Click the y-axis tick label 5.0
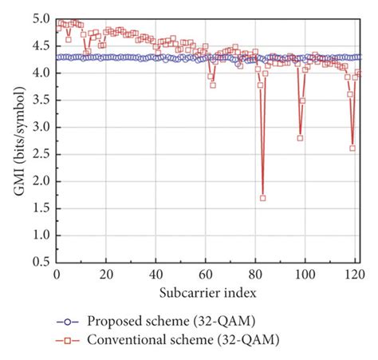point(39,18)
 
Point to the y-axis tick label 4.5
point(39,45)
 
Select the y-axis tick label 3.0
point(39,127)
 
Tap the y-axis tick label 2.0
point(39,181)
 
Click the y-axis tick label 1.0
point(39,235)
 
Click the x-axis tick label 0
point(56,274)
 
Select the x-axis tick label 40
point(156,274)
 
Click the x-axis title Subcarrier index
point(206,291)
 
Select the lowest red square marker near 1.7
point(262,198)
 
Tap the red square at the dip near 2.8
point(300,137)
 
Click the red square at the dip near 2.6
point(352,148)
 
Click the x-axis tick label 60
point(206,274)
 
